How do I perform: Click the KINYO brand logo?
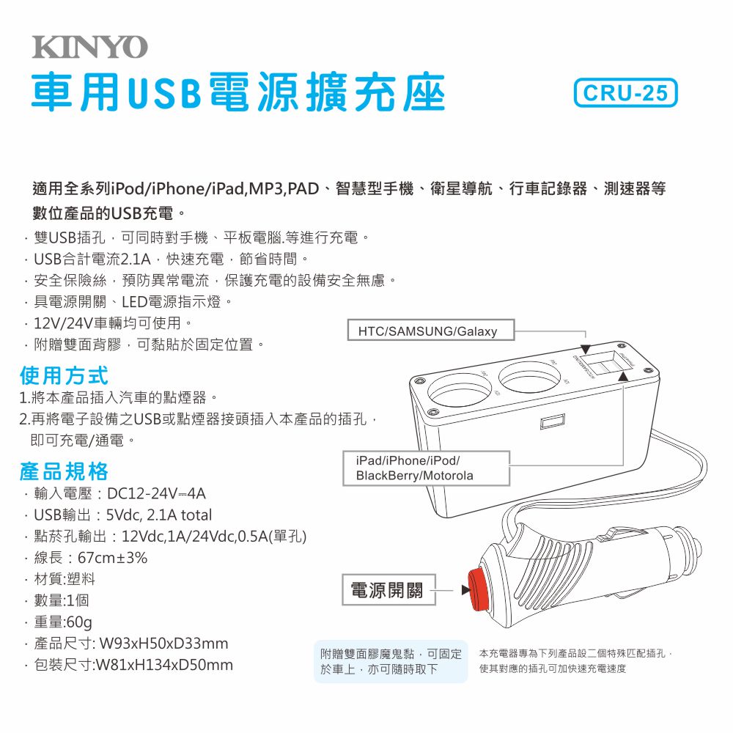point(89,48)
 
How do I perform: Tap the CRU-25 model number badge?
point(626,94)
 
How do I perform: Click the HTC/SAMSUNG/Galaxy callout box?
point(427,331)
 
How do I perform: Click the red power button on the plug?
point(481,587)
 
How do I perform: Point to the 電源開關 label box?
point(387,590)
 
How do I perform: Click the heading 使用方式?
point(65,376)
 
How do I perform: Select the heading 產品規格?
point(65,471)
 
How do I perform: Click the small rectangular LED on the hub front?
point(551,422)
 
